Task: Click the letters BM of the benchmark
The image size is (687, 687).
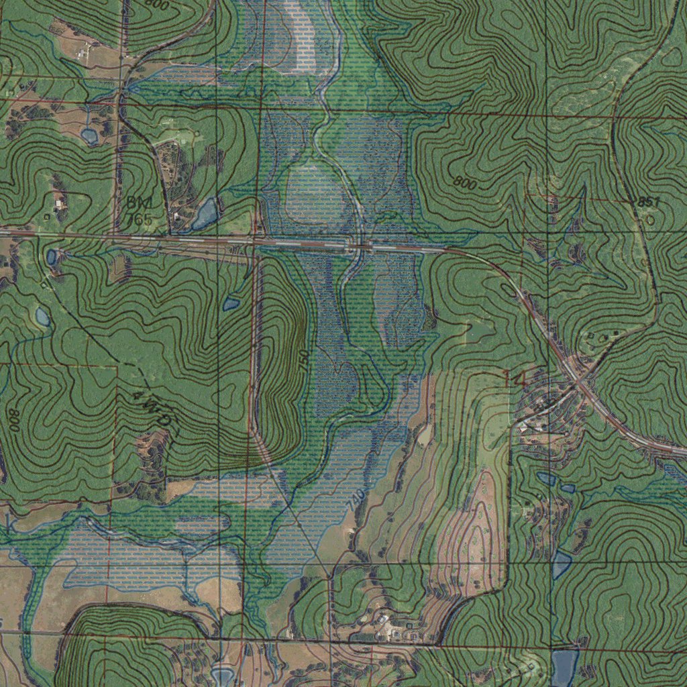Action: point(139,202)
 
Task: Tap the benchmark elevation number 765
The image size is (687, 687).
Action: point(139,219)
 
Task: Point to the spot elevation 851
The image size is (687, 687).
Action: point(649,202)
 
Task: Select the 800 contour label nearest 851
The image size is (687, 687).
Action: point(465,182)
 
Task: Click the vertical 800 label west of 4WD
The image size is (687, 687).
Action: point(14,419)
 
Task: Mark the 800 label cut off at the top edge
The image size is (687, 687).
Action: point(156,4)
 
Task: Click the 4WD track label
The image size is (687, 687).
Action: point(154,411)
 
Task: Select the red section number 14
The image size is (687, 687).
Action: point(515,379)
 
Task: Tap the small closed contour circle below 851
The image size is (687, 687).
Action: point(649,219)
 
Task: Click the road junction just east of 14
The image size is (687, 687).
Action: point(577,384)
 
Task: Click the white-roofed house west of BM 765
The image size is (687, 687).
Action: point(58,201)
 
